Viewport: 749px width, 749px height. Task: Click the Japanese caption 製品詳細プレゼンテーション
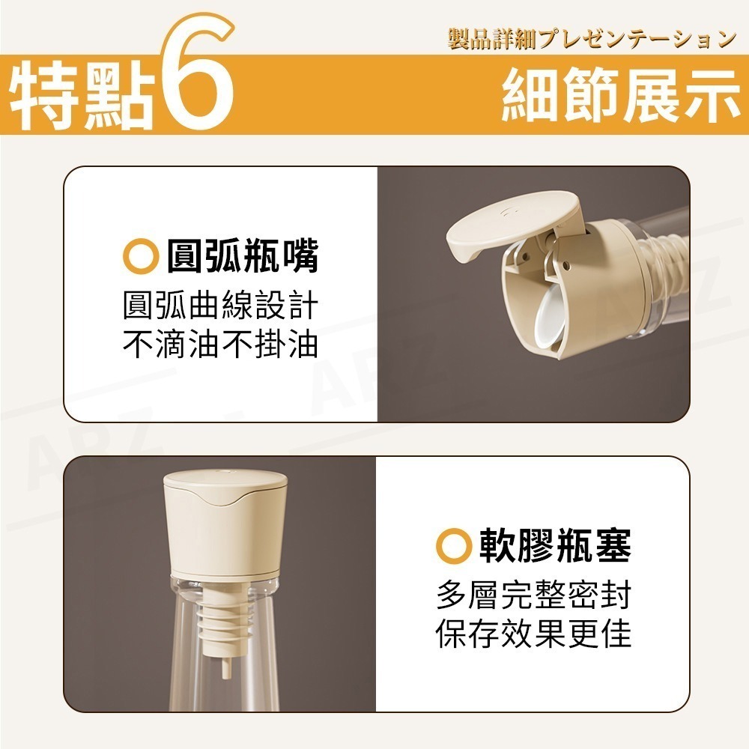point(592,39)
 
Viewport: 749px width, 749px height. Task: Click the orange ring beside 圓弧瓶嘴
point(138,258)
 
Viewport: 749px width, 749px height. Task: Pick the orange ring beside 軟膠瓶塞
point(452,548)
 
